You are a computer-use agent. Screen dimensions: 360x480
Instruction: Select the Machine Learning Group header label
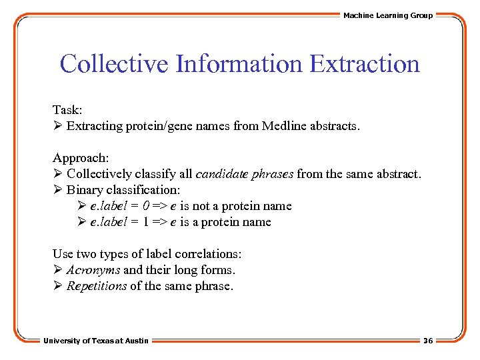click(388, 15)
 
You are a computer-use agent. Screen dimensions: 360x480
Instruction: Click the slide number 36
click(428, 341)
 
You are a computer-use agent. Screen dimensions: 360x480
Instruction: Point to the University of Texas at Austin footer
click(96, 341)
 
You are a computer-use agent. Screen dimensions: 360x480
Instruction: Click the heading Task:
click(67, 110)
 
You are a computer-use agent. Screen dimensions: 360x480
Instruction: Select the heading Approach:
click(81, 158)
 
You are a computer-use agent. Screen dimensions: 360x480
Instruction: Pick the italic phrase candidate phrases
click(244, 174)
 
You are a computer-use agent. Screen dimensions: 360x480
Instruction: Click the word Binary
click(84, 190)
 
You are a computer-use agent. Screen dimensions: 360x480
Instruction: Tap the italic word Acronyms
click(93, 270)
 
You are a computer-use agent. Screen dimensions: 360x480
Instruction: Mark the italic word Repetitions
click(97, 286)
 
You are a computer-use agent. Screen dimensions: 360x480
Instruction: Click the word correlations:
click(208, 254)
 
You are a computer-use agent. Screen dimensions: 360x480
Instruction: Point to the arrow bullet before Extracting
click(57, 126)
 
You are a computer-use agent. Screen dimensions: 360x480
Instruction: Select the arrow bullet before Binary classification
click(57, 190)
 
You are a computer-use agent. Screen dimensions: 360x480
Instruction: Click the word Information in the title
click(238, 64)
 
